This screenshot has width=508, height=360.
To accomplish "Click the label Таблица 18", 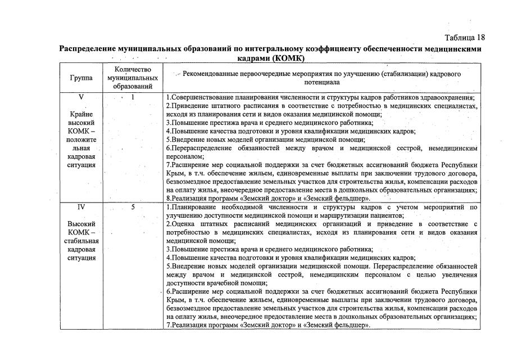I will [464, 38].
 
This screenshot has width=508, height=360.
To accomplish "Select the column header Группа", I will [81, 78].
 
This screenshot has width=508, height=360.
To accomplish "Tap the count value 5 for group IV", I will [133, 207].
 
